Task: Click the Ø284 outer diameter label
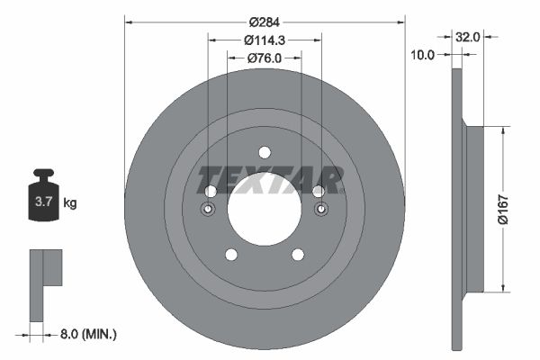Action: coord(264,21)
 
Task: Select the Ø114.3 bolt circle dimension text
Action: coord(264,39)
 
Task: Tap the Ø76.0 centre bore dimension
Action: coord(264,58)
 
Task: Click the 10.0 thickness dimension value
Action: coord(423,55)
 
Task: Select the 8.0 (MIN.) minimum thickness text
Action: coord(86,334)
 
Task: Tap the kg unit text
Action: coord(70,203)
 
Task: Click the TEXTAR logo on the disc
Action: coord(270,181)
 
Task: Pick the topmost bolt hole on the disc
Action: coord(264,152)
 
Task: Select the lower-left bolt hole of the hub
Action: coord(230,255)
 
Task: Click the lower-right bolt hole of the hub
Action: coord(297,255)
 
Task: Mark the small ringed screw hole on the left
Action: coord(209,210)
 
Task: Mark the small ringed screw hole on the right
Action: coord(319,210)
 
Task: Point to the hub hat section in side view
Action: coord(474,209)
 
